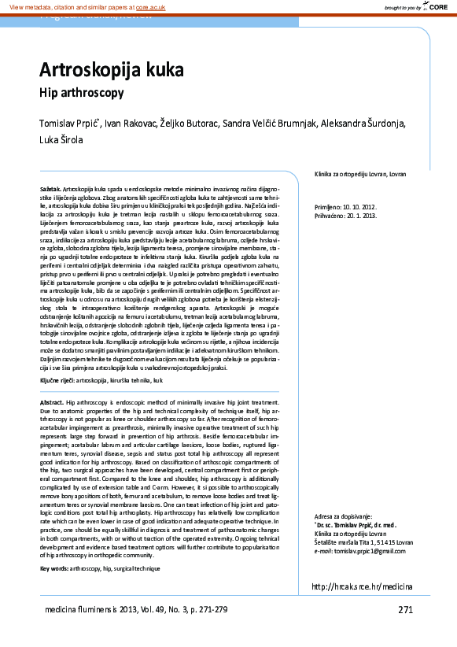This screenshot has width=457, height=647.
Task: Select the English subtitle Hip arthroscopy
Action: coord(82,93)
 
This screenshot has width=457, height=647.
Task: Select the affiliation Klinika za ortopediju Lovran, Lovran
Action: coord(360,173)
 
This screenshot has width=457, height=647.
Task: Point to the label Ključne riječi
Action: coord(57,380)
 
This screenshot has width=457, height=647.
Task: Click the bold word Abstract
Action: coord(52,401)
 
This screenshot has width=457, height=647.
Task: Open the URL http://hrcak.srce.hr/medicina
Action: coord(362,586)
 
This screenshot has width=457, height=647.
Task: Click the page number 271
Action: coord(405,609)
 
